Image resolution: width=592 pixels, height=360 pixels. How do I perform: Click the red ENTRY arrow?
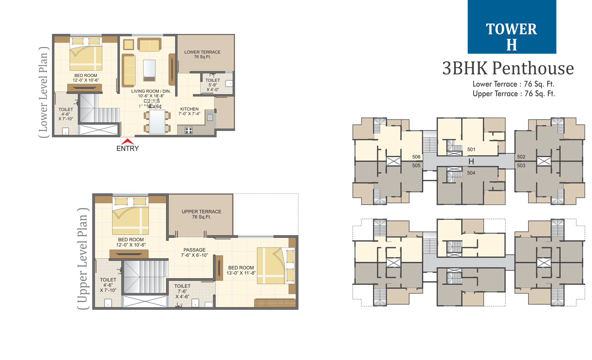click(x=127, y=142)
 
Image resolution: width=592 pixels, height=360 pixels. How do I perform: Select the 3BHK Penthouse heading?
click(x=507, y=68)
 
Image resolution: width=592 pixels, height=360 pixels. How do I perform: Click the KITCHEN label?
click(x=189, y=109)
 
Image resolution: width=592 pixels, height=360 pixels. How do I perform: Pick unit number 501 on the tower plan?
click(x=471, y=149)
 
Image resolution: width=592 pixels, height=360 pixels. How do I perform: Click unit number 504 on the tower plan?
click(x=471, y=173)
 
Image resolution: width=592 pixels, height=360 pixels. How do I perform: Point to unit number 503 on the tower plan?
click(x=521, y=166)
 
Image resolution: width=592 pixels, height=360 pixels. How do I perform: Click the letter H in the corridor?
click(x=471, y=161)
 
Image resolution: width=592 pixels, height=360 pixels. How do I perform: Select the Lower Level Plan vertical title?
click(x=44, y=91)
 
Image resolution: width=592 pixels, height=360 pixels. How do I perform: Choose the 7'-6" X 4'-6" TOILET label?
click(x=182, y=289)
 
